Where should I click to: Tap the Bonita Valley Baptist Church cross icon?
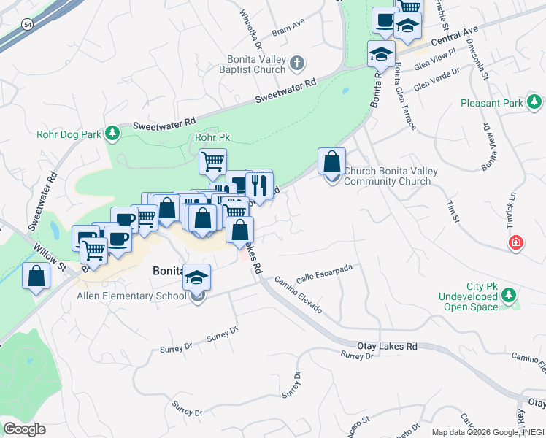tap(296, 63)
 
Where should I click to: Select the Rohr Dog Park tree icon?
tap(112, 133)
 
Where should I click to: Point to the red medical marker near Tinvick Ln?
tap(516, 242)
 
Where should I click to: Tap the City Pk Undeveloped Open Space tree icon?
tap(510, 296)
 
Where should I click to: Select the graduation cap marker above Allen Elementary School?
tap(196, 277)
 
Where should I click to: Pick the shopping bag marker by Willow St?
tap(36, 277)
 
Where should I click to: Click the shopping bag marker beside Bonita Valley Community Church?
tap(331, 161)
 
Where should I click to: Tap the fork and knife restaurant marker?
tap(258, 185)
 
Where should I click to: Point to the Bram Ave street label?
tap(288, 25)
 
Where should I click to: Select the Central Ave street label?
tap(454, 35)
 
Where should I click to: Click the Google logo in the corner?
tap(24, 429)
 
